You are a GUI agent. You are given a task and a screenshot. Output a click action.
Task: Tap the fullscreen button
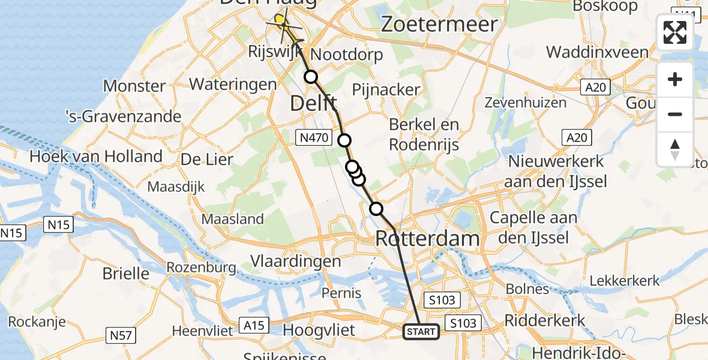pyautogui.click(x=675, y=32)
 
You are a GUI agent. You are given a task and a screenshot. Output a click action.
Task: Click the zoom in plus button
pyautogui.click(x=675, y=79)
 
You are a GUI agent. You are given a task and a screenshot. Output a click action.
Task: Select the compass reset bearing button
pyautogui.click(x=675, y=149)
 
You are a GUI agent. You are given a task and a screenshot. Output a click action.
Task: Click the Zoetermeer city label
pyautogui.click(x=440, y=25)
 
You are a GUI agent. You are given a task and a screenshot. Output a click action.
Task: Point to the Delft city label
pyautogui.click(x=313, y=103)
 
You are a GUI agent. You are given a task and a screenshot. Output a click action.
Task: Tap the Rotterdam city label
pyautogui.click(x=427, y=238)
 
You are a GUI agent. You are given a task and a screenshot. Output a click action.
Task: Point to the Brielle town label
pyautogui.click(x=126, y=274)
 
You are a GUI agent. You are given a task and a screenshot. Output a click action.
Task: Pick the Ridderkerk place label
pyautogui.click(x=545, y=320)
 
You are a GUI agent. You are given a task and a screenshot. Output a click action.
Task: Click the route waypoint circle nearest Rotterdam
pyautogui.click(x=376, y=209)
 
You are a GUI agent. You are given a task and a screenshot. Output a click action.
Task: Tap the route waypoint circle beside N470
pyautogui.click(x=344, y=140)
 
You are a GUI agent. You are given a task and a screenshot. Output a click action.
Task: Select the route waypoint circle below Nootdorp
pyautogui.click(x=311, y=77)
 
